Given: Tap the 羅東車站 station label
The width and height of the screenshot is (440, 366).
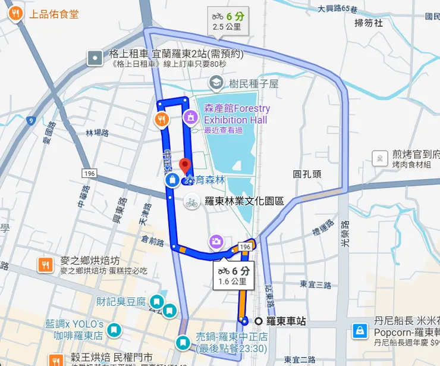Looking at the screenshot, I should [286, 321].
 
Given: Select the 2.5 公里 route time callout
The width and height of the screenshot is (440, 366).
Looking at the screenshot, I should [227, 21].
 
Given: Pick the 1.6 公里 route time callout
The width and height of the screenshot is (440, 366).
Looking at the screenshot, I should [232, 276].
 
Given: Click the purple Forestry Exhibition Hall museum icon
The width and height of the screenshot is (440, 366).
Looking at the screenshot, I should [190, 117].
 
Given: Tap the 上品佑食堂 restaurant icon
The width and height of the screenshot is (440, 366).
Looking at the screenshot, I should [17, 13].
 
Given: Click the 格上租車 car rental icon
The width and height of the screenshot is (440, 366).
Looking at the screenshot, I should [95, 58].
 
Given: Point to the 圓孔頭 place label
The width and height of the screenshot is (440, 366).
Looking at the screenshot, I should [307, 174].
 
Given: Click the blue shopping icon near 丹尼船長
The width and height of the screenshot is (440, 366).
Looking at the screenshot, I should [360, 330].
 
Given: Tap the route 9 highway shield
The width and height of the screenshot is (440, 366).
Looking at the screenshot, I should [31, 121].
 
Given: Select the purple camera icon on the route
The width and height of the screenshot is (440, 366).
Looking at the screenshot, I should [216, 242].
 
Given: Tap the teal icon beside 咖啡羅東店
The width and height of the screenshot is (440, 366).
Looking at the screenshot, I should [115, 329].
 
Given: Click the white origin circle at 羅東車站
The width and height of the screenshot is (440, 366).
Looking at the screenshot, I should [259, 321].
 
